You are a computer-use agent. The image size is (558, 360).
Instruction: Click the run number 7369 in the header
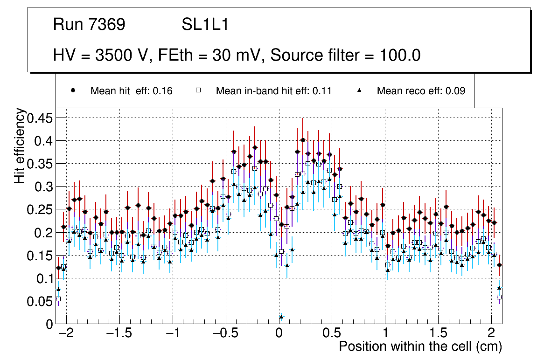click(x=107, y=25)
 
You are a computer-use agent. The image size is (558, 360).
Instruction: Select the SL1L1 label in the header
click(x=205, y=25)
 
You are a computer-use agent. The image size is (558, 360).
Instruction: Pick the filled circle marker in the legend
click(x=73, y=90)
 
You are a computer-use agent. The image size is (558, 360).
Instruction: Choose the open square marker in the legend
click(x=198, y=90)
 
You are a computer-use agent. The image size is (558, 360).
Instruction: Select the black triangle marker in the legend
click(x=359, y=90)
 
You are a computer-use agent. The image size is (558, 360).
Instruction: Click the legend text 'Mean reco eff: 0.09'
click(x=421, y=91)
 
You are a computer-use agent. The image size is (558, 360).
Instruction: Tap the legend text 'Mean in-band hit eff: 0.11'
click(x=273, y=91)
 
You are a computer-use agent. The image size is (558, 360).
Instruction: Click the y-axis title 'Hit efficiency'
click(x=20, y=145)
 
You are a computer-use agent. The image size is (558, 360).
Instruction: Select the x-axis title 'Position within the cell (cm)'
click(x=420, y=346)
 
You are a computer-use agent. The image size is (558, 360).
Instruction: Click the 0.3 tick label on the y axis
click(x=42, y=187)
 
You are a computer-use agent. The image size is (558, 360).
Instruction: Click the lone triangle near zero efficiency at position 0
click(x=281, y=317)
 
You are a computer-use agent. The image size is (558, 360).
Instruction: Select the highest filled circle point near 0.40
click(x=303, y=140)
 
